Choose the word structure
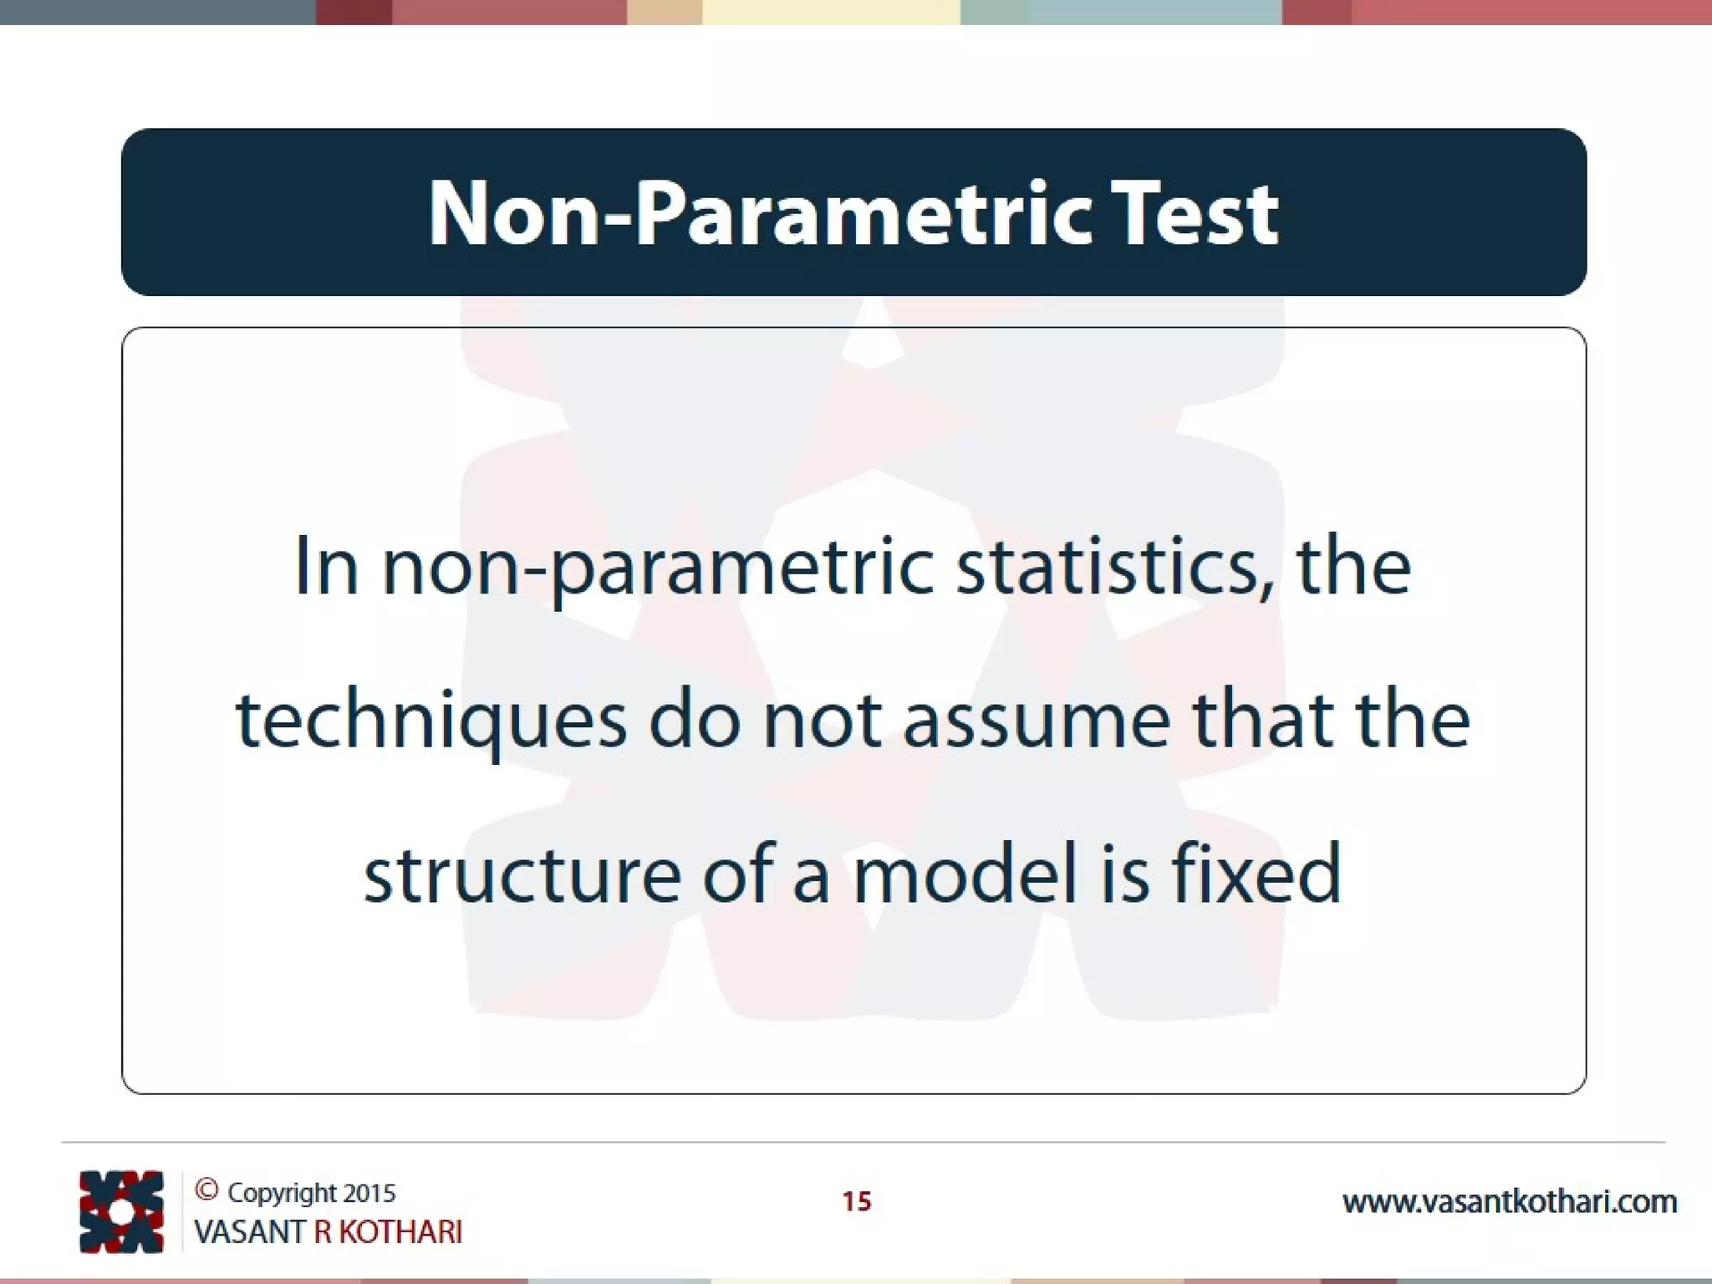pyautogui.click(x=522, y=874)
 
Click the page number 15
pyautogui.click(x=856, y=1201)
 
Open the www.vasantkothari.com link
pyautogui.click(x=1510, y=1202)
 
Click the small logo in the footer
pyautogui.click(x=121, y=1211)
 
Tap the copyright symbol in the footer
pyautogui.click(x=206, y=1190)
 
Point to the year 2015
pyautogui.click(x=369, y=1193)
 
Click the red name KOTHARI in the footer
pyautogui.click(x=400, y=1232)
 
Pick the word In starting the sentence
pyautogui.click(x=326, y=567)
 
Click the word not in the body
pyautogui.click(x=822, y=721)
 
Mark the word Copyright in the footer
pyautogui.click(x=281, y=1194)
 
